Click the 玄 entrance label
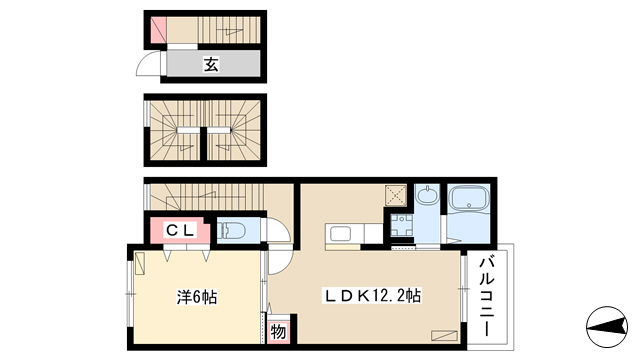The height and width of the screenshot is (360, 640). pos(211,64)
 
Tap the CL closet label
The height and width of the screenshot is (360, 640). pos(180,231)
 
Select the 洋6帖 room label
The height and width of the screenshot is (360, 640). pos(197,297)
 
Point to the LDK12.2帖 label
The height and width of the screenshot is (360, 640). pos(372,296)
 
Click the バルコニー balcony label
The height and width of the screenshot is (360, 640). pos(487,297)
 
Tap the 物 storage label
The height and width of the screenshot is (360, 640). pos(278,332)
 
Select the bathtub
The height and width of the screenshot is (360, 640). pos(469,199)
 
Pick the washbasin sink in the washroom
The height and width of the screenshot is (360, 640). pos(427,196)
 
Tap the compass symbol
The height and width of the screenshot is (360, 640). pos(607,327)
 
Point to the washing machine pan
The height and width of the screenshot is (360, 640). pos(402,226)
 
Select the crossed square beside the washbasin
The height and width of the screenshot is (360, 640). pos(396,196)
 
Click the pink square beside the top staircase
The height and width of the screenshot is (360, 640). pos(159,30)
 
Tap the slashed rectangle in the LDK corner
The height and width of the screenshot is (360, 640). pos(444,335)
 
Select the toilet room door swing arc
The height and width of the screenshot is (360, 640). pos(280,230)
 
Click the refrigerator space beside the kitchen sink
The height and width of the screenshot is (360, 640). pos(373,233)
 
